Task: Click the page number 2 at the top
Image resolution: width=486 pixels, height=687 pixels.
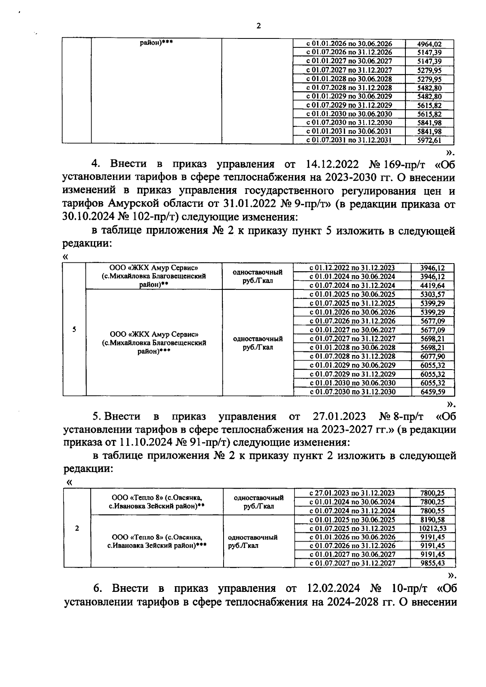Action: (258, 26)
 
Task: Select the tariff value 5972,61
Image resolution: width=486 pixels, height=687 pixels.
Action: (429, 140)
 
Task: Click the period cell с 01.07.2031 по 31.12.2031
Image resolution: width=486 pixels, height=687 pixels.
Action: (349, 140)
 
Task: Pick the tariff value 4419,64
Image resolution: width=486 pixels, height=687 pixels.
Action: (433, 285)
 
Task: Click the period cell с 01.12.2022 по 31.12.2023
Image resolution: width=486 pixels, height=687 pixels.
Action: (352, 268)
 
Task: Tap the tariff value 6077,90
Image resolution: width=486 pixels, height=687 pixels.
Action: (433, 356)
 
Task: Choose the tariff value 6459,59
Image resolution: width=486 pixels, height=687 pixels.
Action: (433, 392)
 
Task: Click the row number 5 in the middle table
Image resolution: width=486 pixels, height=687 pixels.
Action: (74, 330)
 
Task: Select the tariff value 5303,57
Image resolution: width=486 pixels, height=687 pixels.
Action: (433, 294)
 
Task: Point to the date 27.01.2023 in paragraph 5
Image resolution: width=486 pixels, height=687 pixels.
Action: (339, 416)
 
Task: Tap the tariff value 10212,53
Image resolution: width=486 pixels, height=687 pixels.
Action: (433, 528)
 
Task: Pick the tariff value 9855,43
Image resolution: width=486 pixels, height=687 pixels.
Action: (433, 563)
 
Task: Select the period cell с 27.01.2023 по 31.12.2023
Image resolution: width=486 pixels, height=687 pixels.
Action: (352, 493)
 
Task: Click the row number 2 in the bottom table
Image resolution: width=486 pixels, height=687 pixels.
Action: (77, 528)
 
